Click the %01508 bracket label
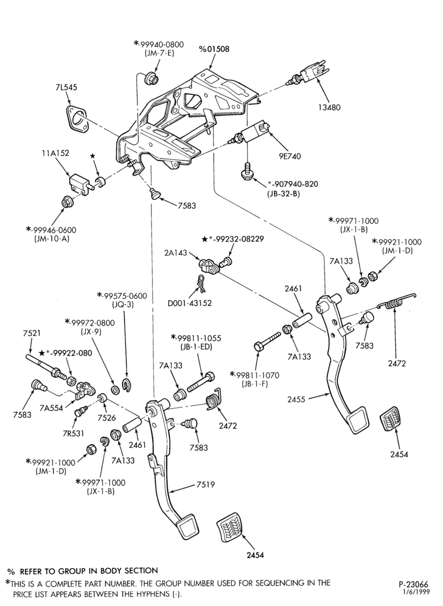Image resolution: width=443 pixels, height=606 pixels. point(214,49)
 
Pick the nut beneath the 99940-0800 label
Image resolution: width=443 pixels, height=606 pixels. point(151,77)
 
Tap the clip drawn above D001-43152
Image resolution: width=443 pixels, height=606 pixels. point(201,282)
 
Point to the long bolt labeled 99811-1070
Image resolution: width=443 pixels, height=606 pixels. point(268,340)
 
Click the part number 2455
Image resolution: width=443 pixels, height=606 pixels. point(296,399)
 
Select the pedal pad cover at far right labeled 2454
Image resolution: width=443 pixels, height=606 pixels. point(396,422)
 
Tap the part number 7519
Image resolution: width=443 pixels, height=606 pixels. point(206,484)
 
